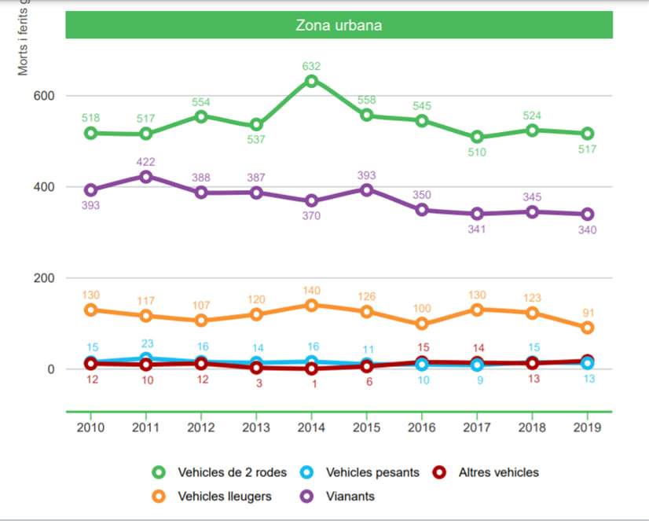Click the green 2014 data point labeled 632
tap(311, 81)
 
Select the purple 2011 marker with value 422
tap(146, 177)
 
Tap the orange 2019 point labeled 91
tap(588, 328)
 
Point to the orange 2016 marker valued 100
tap(422, 324)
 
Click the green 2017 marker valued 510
tap(477, 137)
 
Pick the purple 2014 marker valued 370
tap(311, 200)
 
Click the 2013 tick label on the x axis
tap(256, 428)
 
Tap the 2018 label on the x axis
tap(533, 428)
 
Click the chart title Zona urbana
tap(339, 25)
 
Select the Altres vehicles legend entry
tap(498, 472)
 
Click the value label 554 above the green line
tap(201, 102)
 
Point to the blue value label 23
tap(146, 343)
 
